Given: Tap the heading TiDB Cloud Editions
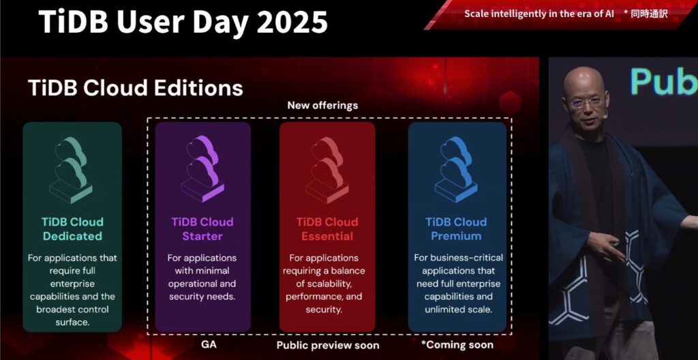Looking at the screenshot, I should click(x=136, y=88).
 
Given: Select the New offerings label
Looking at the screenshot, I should click(x=322, y=106).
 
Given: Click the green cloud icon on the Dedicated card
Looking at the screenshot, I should click(x=72, y=170).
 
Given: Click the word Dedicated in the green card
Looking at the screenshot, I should click(x=72, y=237).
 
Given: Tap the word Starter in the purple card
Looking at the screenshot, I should click(x=202, y=237).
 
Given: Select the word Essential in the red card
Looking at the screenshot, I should click(x=327, y=237).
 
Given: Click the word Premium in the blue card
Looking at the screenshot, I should click(x=456, y=237).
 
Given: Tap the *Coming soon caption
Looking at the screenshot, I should click(x=457, y=345).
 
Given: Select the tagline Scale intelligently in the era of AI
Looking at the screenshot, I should click(x=538, y=13).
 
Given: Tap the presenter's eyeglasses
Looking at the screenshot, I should click(x=586, y=102).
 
